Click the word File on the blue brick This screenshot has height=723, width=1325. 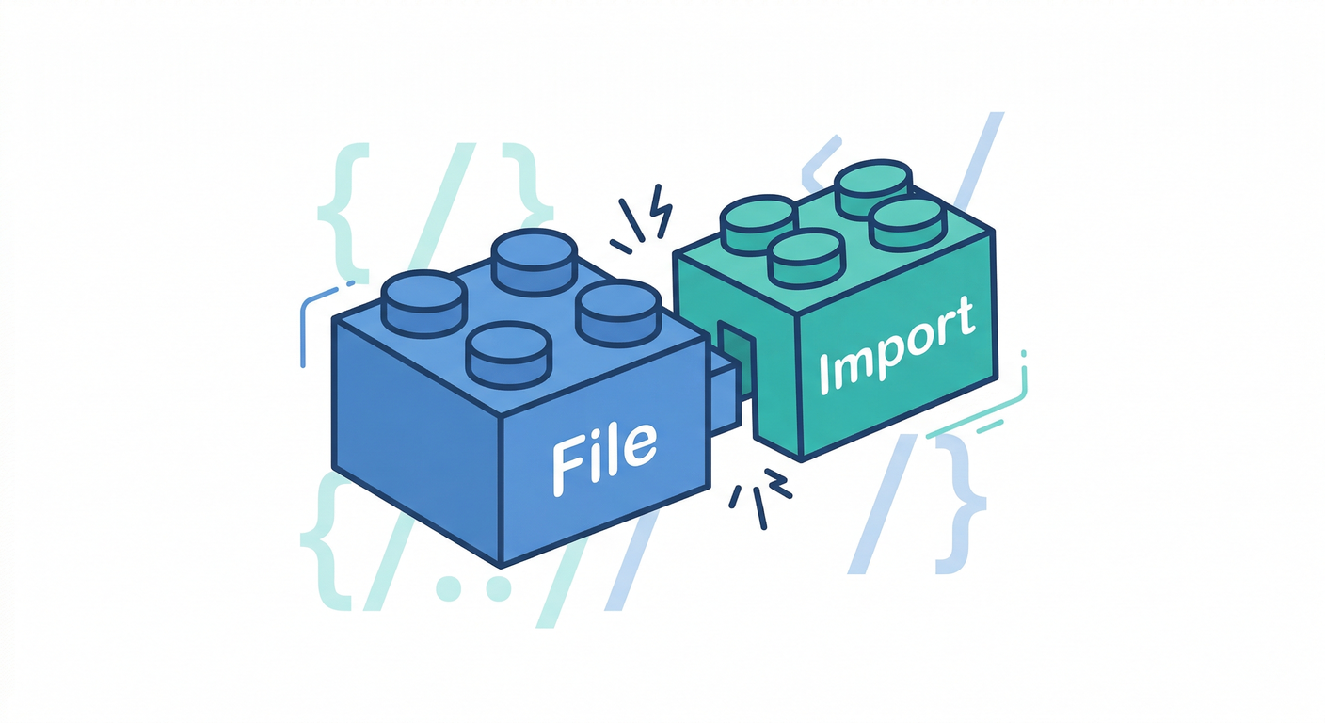coord(604,459)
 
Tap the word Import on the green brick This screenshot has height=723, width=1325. coord(897,345)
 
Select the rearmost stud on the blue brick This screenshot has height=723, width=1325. coord(535,262)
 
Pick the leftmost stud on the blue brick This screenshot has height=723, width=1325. coord(423,303)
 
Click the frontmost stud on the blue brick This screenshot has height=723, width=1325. coord(509,355)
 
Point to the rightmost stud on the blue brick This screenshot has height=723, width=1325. coord(618,313)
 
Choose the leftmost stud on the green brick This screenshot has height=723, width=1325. coord(758,225)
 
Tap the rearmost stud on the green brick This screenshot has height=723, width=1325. coord(873,188)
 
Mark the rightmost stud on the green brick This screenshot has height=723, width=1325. coord(908,225)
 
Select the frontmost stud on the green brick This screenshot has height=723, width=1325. coord(806,259)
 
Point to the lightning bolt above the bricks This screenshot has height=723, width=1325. coord(662,211)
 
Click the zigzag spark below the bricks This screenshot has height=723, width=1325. coord(778,483)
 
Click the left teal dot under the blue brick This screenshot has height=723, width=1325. coord(448,587)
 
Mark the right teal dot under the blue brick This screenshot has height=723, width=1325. coord(498,587)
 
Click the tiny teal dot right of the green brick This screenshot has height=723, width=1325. coord(1023,354)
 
